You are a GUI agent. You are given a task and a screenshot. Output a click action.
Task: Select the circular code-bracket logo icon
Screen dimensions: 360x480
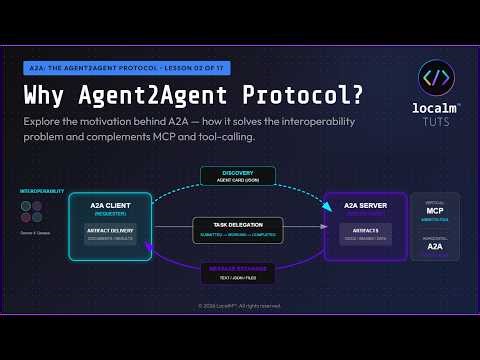pyautogui.click(x=437, y=78)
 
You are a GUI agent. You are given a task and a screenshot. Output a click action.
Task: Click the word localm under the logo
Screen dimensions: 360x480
pyautogui.click(x=433, y=108)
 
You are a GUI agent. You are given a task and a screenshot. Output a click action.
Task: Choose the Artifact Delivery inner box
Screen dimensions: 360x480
pyautogui.click(x=110, y=233)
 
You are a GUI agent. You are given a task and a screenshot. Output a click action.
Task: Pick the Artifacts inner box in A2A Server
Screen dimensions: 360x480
pyautogui.click(x=365, y=233)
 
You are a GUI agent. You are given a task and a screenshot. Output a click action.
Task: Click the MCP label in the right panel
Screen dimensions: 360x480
pyautogui.click(x=435, y=212)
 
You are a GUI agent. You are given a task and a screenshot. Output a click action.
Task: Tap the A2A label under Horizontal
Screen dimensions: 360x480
pyautogui.click(x=435, y=246)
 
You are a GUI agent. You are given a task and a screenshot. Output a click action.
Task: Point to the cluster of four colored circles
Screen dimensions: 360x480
pyautogui.click(x=32, y=211)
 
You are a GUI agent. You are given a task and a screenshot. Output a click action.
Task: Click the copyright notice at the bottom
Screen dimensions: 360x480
pyautogui.click(x=240, y=306)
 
